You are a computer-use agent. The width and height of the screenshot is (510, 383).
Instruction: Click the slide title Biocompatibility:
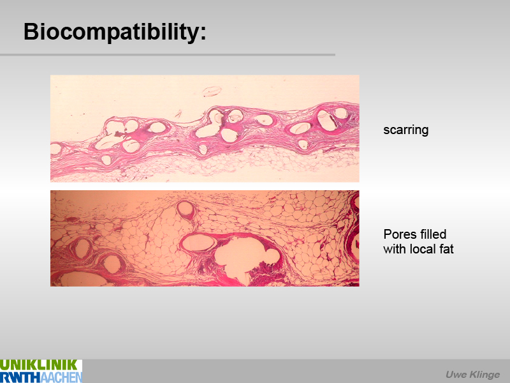[115, 33]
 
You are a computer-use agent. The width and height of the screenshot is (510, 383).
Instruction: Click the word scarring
[406, 130]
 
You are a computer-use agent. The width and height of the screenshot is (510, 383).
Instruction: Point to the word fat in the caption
[446, 249]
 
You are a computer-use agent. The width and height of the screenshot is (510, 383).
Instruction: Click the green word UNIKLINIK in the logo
[39, 364]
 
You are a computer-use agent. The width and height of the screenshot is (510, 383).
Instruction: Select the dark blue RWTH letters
[20, 377]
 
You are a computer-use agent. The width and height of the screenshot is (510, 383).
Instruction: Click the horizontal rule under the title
[168, 55]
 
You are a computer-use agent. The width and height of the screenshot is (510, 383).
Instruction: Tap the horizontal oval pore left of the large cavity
[198, 243]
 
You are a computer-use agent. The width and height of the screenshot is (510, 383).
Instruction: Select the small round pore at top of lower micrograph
[186, 209]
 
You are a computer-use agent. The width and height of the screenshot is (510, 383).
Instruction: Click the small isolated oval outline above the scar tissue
[212, 91]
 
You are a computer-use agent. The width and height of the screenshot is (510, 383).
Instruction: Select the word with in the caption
[395, 249]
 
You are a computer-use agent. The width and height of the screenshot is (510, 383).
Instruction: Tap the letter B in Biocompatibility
[31, 31]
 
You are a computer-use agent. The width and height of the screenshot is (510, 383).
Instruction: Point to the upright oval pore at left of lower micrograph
[82, 248]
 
